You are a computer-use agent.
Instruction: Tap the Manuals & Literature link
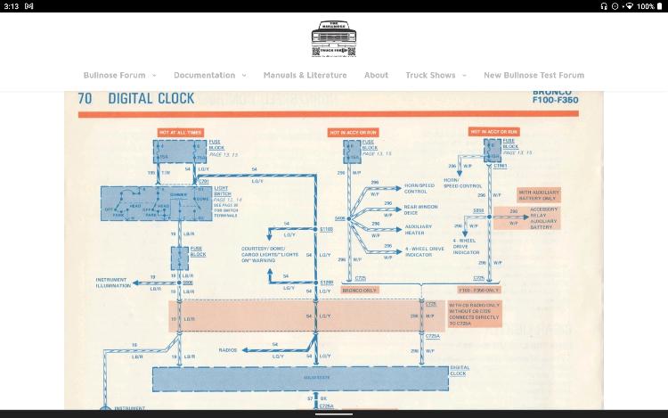click(x=305, y=75)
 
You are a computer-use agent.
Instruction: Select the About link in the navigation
click(x=376, y=75)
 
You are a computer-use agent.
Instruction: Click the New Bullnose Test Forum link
click(x=534, y=75)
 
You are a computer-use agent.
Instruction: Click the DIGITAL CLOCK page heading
click(x=151, y=99)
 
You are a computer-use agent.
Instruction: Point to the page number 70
click(x=86, y=99)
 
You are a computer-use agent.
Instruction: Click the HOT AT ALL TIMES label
click(x=181, y=132)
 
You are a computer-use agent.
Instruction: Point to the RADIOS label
click(x=228, y=350)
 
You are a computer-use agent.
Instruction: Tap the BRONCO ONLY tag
click(x=358, y=290)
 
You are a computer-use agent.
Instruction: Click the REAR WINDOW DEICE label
click(x=421, y=209)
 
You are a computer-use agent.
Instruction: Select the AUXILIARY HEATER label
click(x=419, y=229)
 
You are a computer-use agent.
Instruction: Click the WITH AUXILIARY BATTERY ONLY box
click(x=538, y=194)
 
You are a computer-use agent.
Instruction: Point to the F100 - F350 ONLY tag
click(x=479, y=290)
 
